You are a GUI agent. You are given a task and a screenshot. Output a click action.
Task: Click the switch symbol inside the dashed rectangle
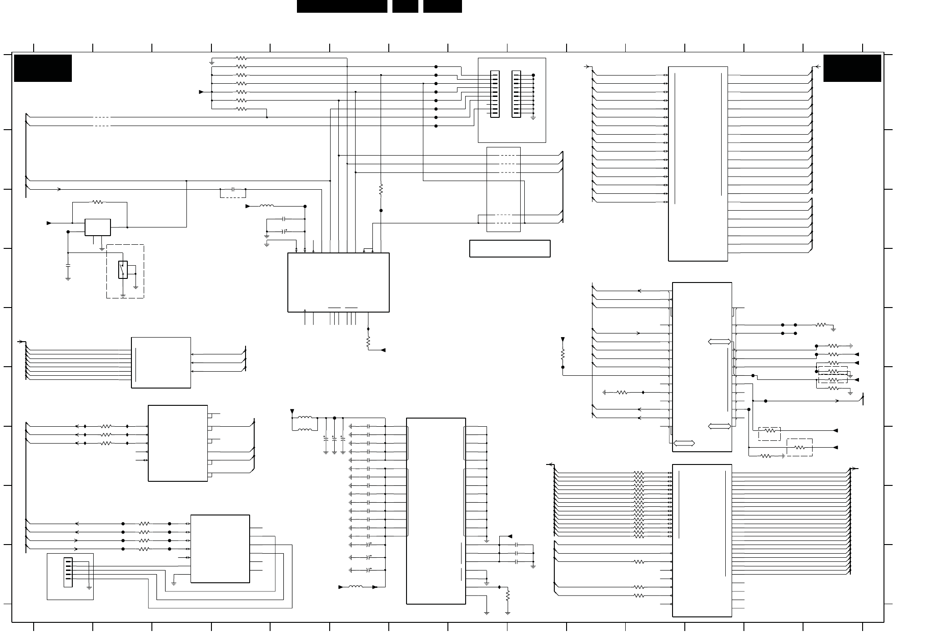[x=122, y=269]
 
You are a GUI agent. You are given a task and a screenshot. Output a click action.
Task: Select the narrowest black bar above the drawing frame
[x=405, y=6]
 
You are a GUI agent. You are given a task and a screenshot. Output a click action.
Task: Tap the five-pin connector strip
[x=68, y=572]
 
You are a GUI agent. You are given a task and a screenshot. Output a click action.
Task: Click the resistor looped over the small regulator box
[x=98, y=202]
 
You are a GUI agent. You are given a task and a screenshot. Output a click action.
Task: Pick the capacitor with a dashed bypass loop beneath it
[x=233, y=189]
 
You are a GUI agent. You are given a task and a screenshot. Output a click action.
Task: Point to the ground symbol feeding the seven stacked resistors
[x=211, y=61]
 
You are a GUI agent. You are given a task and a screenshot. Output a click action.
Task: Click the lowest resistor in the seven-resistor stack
[x=241, y=109]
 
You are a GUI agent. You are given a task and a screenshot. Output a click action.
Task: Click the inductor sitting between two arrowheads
[x=356, y=587]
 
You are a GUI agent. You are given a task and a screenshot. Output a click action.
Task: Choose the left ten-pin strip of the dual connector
[x=495, y=94]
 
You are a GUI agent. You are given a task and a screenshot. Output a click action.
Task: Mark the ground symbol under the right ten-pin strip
[x=533, y=117]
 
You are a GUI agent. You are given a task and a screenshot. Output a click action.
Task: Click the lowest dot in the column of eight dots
[x=436, y=126]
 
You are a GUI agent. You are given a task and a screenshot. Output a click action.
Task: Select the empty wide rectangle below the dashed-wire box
[x=510, y=248]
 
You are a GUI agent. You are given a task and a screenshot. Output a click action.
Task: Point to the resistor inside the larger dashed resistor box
[x=799, y=447]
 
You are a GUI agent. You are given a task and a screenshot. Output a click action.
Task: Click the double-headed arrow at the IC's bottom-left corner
[x=684, y=443]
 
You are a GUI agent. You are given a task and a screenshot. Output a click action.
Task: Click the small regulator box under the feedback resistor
[x=97, y=227]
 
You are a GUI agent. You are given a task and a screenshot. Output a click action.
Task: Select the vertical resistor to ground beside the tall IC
[x=507, y=595]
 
